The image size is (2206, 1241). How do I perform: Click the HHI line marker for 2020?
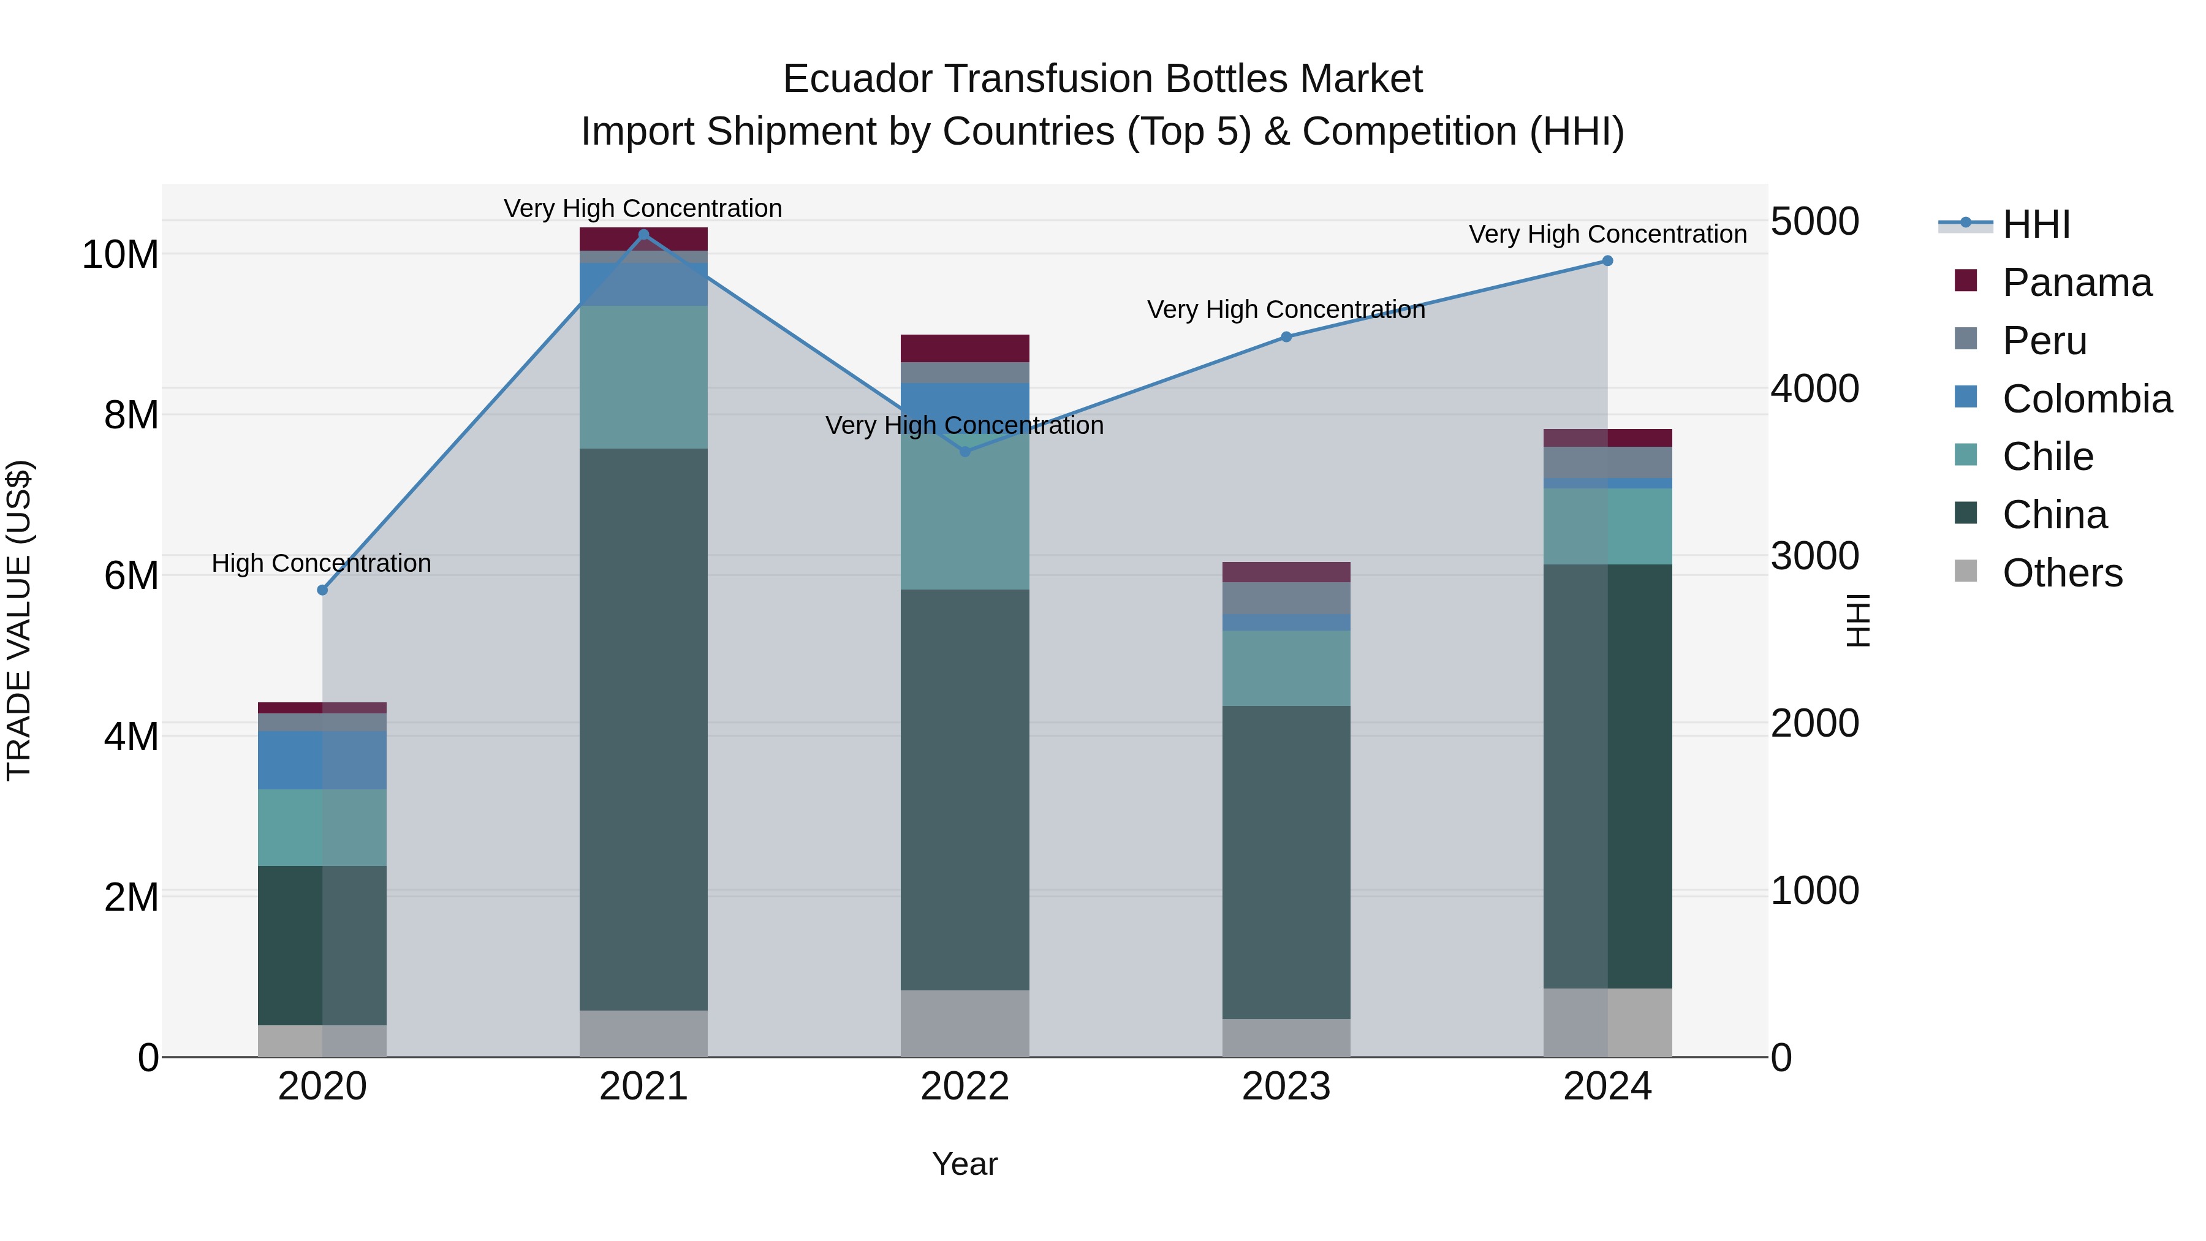[322, 590]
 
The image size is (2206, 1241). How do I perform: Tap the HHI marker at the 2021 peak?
[644, 235]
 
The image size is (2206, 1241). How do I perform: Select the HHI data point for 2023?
[1286, 336]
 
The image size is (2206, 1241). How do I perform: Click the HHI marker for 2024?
[1607, 260]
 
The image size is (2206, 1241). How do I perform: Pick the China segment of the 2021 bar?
[644, 728]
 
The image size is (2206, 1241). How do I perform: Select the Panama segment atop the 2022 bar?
[965, 347]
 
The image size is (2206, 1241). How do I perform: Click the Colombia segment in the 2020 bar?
[322, 760]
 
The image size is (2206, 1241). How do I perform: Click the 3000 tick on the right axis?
[1814, 556]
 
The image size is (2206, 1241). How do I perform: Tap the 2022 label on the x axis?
[965, 1087]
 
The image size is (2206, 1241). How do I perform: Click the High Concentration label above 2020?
[321, 564]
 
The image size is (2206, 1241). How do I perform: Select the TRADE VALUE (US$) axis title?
[19, 620]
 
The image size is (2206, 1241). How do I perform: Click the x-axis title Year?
[965, 1164]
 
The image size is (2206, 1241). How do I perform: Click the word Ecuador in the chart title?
[857, 80]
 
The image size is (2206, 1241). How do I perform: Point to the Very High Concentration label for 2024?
[1607, 234]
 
